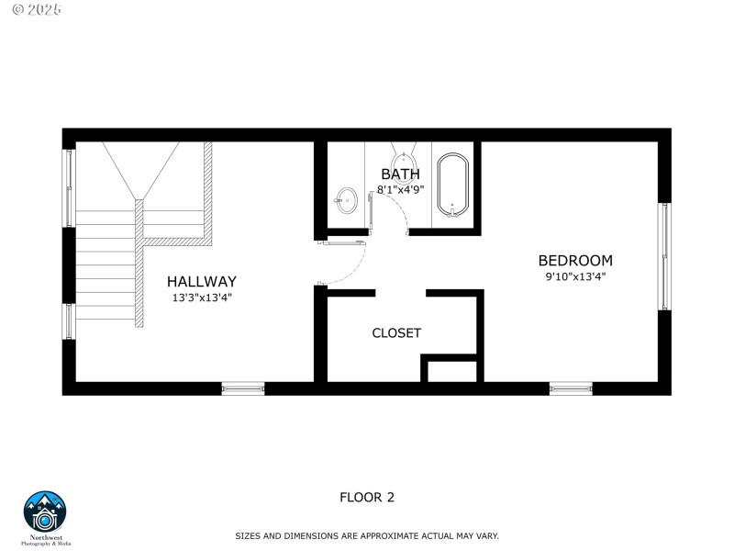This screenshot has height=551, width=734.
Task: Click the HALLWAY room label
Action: point(201,282)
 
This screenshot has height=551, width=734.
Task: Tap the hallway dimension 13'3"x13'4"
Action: point(201,298)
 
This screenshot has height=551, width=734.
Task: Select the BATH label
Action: point(400,174)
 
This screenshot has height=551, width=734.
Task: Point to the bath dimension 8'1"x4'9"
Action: point(400,190)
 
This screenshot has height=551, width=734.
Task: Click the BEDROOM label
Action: point(574,261)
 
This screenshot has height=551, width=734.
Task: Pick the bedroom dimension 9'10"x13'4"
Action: point(574,276)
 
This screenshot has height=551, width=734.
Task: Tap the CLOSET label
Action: point(396,333)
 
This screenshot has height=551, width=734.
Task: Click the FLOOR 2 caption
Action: point(367,498)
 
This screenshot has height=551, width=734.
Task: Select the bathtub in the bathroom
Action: point(451,186)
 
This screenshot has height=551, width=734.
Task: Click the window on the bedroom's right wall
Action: point(663,256)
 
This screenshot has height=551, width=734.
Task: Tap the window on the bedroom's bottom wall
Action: point(571,388)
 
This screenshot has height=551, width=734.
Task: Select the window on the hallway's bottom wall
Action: point(243,388)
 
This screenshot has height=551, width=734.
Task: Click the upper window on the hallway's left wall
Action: point(68,187)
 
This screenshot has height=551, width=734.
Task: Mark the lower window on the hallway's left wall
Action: point(68,321)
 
